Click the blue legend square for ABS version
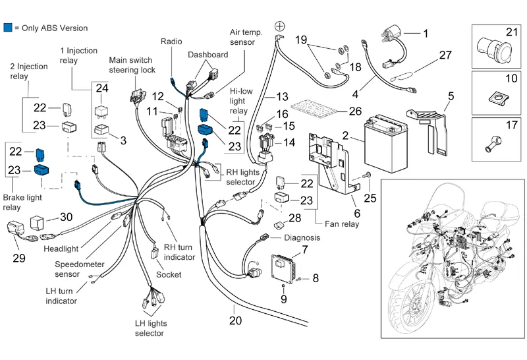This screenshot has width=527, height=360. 7,28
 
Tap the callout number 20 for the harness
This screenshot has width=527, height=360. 235,321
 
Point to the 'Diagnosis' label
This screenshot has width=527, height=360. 302,237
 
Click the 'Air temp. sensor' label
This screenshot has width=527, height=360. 246,37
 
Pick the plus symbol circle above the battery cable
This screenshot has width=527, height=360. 279,26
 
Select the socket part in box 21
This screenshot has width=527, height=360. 492,48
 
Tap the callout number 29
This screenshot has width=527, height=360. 19,258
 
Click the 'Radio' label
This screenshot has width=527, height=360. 171,41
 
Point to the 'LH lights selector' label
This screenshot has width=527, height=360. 150,327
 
